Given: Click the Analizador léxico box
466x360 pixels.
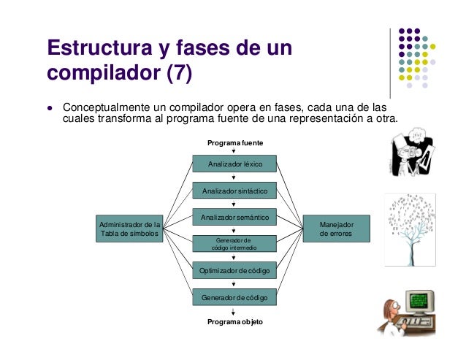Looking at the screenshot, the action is (x=234, y=164).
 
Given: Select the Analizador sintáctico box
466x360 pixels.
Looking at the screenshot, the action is (x=234, y=191).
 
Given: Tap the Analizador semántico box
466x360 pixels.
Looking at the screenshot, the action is (x=234, y=217).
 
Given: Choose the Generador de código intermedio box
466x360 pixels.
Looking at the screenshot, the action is (x=234, y=244).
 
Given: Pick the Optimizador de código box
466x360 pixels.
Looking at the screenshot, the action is (x=234, y=270).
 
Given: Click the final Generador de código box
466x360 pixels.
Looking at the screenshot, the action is (x=234, y=297).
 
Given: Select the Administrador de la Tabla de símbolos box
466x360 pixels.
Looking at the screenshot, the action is (x=129, y=229).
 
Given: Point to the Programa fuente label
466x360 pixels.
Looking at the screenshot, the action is (x=234, y=142).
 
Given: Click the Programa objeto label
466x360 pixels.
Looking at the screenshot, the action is (x=234, y=321).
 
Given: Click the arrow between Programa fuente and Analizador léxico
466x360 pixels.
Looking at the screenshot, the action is (x=234, y=151).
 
